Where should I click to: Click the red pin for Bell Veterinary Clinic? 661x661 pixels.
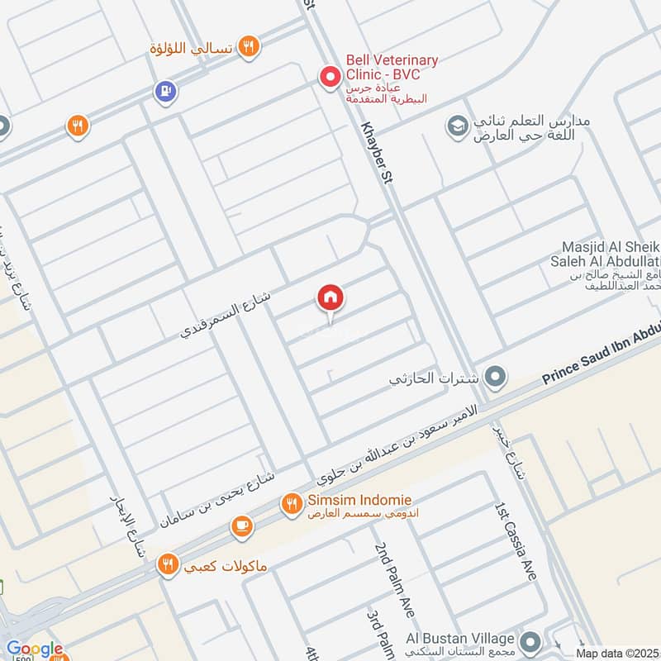click(330, 78)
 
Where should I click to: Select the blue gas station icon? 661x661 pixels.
click(165, 91)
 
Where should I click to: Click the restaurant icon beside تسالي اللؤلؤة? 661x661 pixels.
click(248, 47)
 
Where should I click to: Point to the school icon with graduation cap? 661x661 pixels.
click(455, 126)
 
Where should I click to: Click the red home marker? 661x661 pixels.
click(330, 297)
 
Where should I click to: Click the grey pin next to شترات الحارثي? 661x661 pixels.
click(495, 378)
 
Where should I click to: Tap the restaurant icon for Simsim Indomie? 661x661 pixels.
click(291, 502)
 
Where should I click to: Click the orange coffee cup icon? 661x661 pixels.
click(242, 526)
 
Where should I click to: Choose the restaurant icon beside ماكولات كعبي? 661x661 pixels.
click(169, 564)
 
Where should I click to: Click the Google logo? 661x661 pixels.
click(34, 649)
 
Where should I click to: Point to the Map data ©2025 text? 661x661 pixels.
click(617, 653)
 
